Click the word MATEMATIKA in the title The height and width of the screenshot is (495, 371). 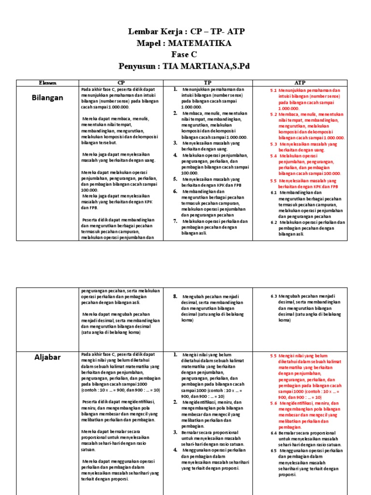pos(203,44)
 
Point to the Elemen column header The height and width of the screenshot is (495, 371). pos(48,83)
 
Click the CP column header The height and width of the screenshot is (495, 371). pos(121,83)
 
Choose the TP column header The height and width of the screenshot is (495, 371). pos(208,83)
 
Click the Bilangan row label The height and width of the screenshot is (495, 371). pos(48,98)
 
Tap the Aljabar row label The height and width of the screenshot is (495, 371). pos(48,357)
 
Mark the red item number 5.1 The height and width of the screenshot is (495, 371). pos(273,90)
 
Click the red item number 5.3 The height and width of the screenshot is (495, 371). pos(273,144)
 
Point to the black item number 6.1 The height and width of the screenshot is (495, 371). pos(273,192)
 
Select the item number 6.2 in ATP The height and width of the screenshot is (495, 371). pos(273,222)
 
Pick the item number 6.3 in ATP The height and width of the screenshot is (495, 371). pos(273,296)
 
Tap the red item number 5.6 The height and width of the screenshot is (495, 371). pos(273,403)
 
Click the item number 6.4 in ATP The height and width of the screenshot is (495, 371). pos(273,433)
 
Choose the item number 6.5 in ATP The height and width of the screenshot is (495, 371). pos(273,451)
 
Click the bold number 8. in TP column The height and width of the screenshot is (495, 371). pos(175,296)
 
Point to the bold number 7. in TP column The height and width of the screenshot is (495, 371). pos(175,221)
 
